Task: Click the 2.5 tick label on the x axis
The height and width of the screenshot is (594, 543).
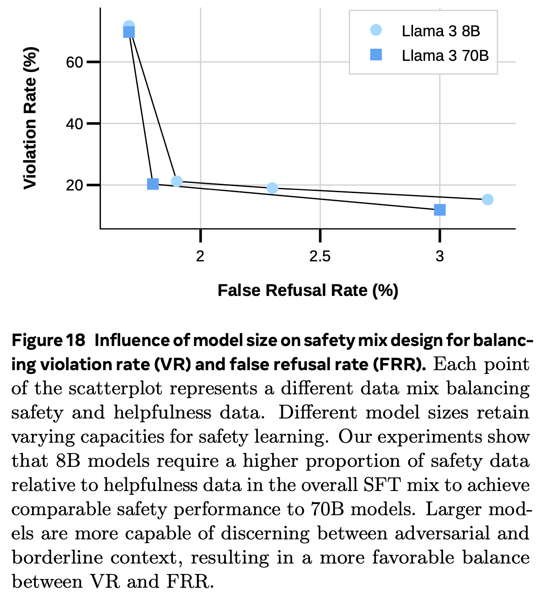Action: click(x=320, y=256)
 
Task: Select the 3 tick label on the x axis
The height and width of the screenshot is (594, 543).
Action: click(x=440, y=256)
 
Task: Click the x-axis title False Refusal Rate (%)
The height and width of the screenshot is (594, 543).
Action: click(x=308, y=291)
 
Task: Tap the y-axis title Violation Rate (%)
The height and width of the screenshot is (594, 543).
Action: click(x=30, y=118)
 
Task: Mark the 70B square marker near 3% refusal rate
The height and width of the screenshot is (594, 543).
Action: click(x=440, y=210)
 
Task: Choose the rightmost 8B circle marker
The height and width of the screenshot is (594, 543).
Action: click(x=488, y=200)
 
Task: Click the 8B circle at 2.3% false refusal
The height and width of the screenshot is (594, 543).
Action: click(x=272, y=188)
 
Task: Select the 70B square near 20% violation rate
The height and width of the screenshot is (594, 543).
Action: click(x=153, y=184)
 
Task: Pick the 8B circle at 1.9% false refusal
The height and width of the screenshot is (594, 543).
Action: click(x=177, y=181)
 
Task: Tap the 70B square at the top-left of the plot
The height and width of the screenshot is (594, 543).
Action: click(x=129, y=33)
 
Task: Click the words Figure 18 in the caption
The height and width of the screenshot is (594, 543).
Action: click(x=48, y=341)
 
